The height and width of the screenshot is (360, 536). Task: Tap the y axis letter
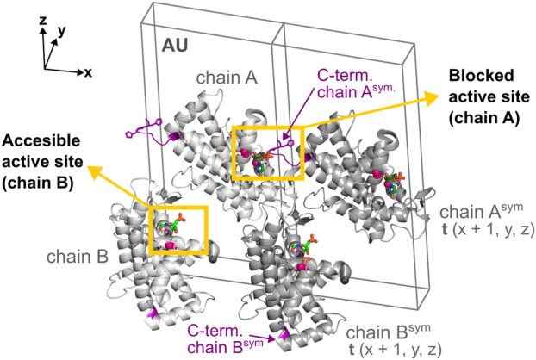[60, 32]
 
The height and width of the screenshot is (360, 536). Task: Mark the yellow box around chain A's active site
[268, 152]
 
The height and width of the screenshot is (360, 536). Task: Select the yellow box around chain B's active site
[179, 230]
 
